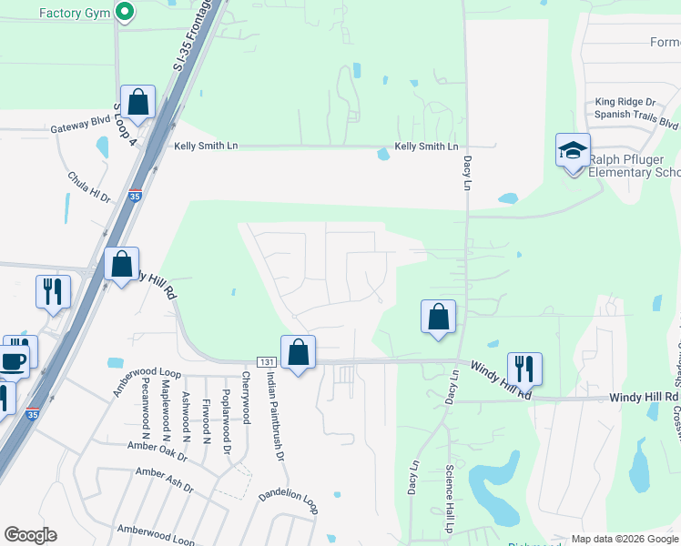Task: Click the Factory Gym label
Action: pos(74,13)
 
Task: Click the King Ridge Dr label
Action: pos(625,102)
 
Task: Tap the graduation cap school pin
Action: pos(573,152)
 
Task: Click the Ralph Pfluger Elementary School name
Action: pos(634,166)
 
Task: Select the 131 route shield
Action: pos(265,361)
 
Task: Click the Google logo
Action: pos(30,535)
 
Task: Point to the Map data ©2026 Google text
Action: pos(625,539)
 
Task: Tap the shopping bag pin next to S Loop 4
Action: pos(138,103)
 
